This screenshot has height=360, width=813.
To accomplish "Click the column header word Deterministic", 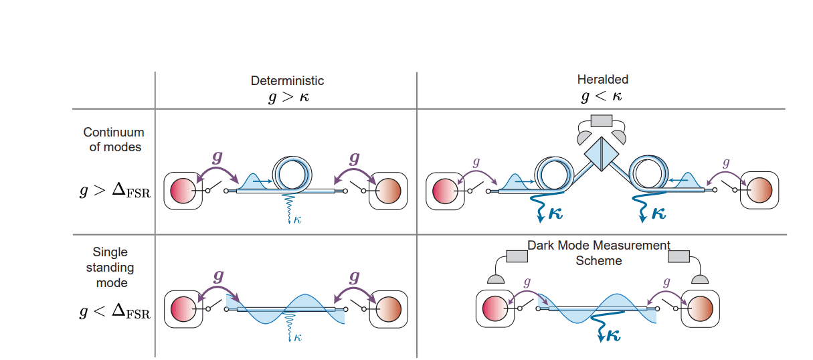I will pyautogui.click(x=287, y=81).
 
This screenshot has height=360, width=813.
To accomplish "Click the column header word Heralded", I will pyautogui.click(x=602, y=80).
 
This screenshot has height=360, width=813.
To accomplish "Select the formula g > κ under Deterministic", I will pyautogui.click(x=288, y=97).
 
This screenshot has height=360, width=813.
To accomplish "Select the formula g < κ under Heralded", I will pyautogui.click(x=602, y=96).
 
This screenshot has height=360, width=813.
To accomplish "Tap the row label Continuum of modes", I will pyautogui.click(x=114, y=140).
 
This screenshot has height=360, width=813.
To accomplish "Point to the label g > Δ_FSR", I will pyautogui.click(x=114, y=191).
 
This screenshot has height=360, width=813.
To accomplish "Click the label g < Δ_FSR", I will pyautogui.click(x=114, y=312).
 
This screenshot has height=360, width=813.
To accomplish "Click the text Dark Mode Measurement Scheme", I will pyautogui.click(x=599, y=253).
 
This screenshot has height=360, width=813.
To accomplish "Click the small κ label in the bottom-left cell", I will pyautogui.click(x=297, y=338).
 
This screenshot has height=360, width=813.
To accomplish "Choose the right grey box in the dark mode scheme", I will pyautogui.click(x=679, y=256).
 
